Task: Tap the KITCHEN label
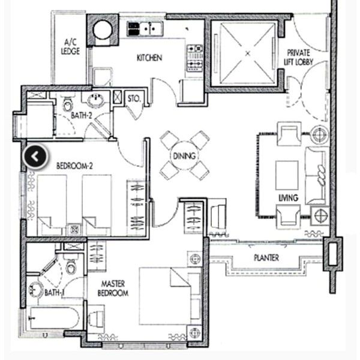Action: pos(149,58)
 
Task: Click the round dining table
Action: pos(184,156)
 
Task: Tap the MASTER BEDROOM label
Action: pos(115,289)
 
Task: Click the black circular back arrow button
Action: pos(35,157)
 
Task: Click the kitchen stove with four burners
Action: pos(195,58)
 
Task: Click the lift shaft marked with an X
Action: pos(247,53)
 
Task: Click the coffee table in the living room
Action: pos(287,175)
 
